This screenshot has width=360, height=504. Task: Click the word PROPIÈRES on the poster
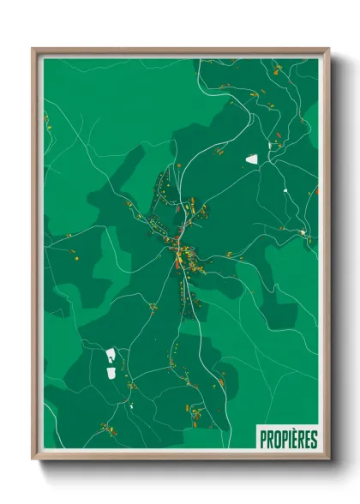[x=288, y=439]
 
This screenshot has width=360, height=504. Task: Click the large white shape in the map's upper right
[x=252, y=159]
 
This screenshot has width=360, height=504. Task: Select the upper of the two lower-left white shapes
[x=111, y=354]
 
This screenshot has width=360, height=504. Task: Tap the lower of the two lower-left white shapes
[x=110, y=372]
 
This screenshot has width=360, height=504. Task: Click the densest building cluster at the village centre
[x=181, y=251]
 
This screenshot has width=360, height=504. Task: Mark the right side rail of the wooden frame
[x=326, y=257]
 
